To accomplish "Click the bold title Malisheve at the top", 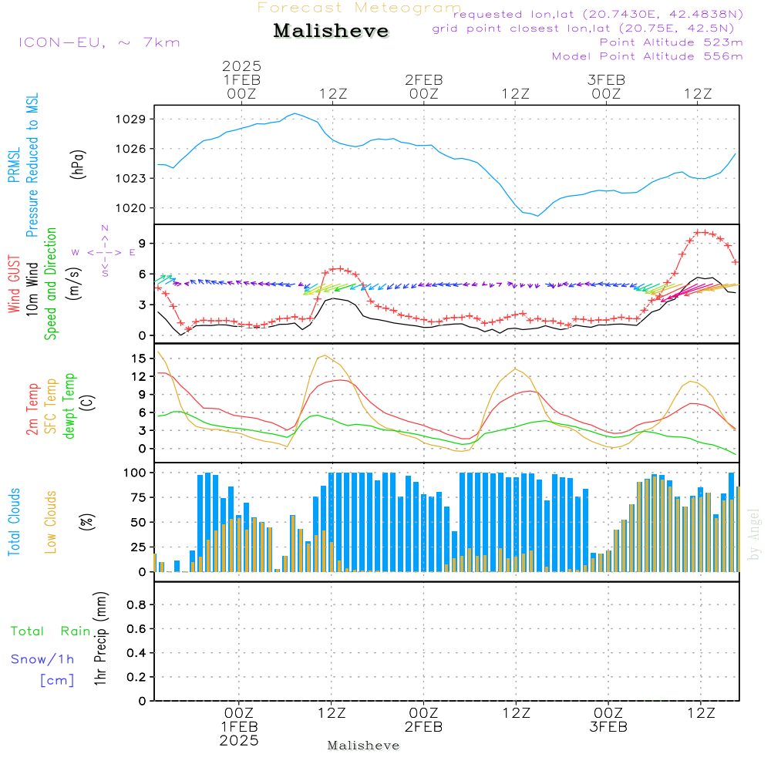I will [x=332, y=32].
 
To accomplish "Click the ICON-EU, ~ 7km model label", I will [x=99, y=42].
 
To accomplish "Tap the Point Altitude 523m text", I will [x=671, y=42].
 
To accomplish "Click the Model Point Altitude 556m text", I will [x=647, y=56].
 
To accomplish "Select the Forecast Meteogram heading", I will [x=359, y=8].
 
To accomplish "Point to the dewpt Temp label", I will [x=69, y=406].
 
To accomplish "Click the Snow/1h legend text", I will [x=42, y=659].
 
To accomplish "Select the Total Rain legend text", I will [x=50, y=631].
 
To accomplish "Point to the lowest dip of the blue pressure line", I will [x=537, y=215].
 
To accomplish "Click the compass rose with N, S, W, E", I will [x=104, y=251].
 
